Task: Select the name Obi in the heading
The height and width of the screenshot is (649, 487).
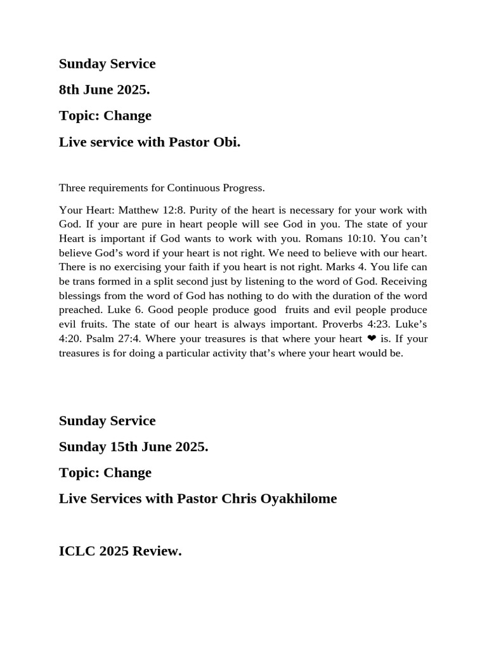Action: click(228, 142)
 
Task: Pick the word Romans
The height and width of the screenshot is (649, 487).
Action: click(324, 238)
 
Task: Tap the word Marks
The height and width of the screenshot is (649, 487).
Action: click(340, 267)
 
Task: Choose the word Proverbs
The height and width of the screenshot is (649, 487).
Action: click(335, 324)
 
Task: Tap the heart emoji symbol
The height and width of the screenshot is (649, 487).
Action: click(372, 338)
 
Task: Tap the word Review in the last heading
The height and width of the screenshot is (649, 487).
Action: click(160, 551)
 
